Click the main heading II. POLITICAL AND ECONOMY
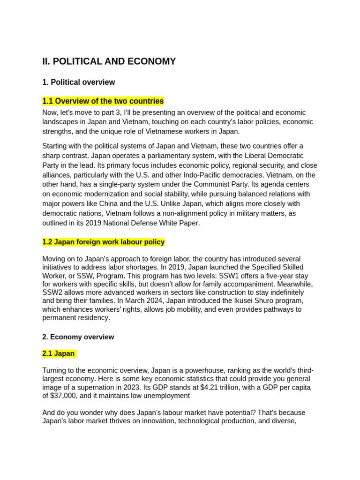[109, 61]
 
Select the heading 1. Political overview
[78, 82]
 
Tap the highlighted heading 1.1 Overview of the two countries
[103, 101]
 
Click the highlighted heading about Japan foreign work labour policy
[103, 242]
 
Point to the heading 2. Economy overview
[78, 337]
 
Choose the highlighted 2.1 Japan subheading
[59, 353]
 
